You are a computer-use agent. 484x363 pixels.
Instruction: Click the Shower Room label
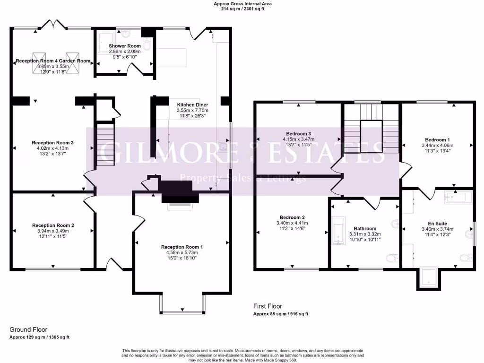[x=125, y=46]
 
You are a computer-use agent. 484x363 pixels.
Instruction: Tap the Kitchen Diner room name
[x=192, y=104]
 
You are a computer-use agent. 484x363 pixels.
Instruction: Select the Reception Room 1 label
[x=181, y=247]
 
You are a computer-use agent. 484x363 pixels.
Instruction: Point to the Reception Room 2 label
[x=53, y=225]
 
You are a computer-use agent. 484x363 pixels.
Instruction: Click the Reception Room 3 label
[x=53, y=142]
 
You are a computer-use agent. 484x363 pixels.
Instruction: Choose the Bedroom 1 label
[x=437, y=140]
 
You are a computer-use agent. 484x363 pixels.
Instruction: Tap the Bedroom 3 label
[x=298, y=133]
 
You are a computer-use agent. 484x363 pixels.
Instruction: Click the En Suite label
[x=437, y=224]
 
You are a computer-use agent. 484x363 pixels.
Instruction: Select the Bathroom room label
[x=365, y=228]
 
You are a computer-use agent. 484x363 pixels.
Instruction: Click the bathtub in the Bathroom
[x=338, y=231]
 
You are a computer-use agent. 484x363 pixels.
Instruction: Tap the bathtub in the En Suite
[x=458, y=197]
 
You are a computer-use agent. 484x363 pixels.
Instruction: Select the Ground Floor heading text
[x=28, y=329]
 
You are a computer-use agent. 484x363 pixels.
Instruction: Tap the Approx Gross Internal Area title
[x=243, y=4]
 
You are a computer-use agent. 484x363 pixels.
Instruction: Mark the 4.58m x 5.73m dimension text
[x=181, y=253]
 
